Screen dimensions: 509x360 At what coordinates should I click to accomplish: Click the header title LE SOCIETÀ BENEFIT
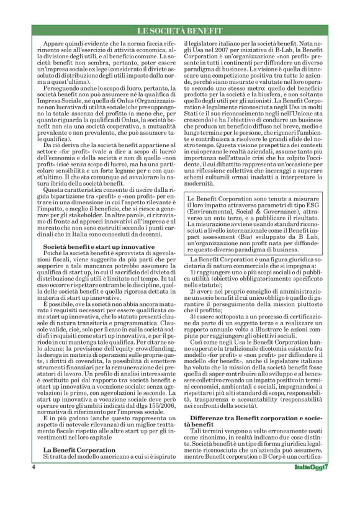(179, 31)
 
